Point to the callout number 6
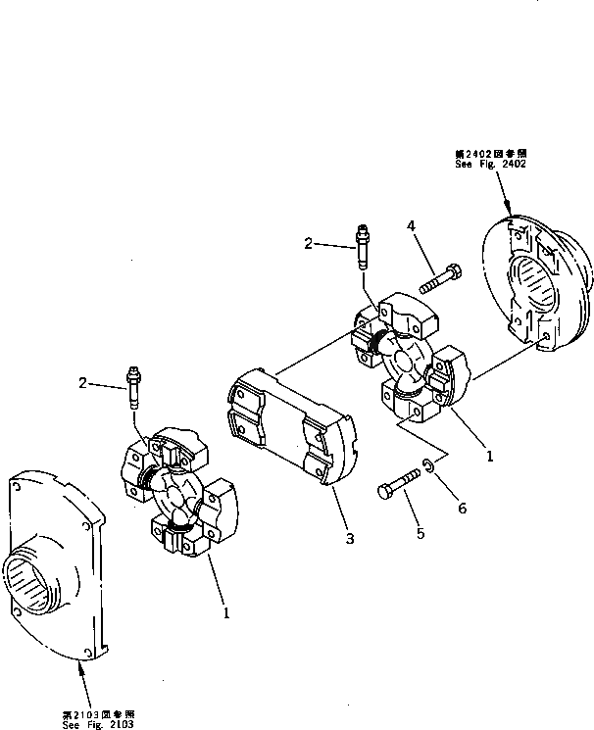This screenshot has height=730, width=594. coord(463,508)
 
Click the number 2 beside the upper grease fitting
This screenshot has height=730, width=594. coord(308,244)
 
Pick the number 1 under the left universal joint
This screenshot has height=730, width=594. coord(226,613)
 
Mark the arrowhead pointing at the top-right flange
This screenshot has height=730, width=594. coord(511,211)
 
